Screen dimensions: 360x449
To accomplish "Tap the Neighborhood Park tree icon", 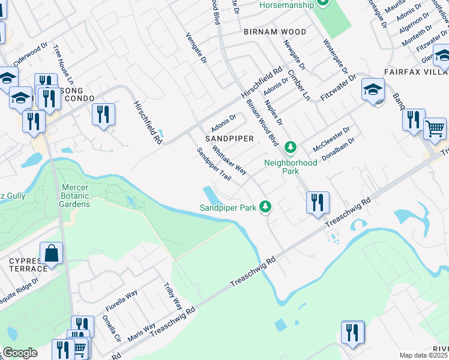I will click(x=291, y=147).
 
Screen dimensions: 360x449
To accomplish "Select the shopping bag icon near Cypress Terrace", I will click(x=52, y=253).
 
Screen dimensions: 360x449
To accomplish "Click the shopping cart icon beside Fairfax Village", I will click(x=435, y=128).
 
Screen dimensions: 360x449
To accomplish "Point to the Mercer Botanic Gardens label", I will click(x=76, y=196).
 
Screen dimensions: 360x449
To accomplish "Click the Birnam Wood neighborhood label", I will click(x=274, y=32).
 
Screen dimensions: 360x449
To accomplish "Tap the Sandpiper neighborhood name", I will click(x=229, y=138).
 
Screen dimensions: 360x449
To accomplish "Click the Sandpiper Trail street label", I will click(x=214, y=164).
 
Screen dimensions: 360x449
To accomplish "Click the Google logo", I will click(x=19, y=353).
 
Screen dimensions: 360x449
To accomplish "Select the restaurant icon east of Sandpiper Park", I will click(x=316, y=202).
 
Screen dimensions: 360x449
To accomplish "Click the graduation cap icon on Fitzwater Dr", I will click(x=373, y=90).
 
